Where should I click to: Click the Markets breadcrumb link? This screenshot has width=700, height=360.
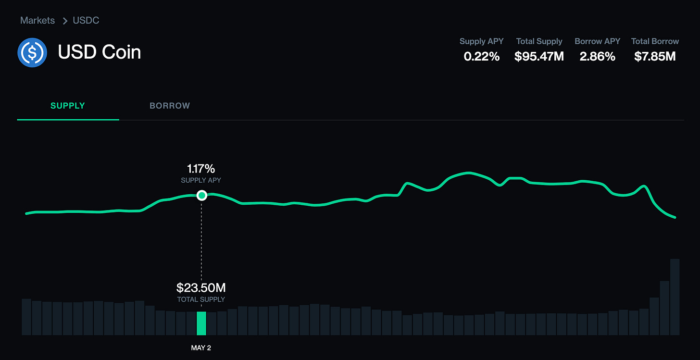coord(37,21)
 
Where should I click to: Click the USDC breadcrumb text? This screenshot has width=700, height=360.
coord(86,21)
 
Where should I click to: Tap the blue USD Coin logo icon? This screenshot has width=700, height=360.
coord(32,52)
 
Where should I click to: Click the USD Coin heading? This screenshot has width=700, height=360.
coord(100,52)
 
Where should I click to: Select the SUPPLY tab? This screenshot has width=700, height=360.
coord(68,106)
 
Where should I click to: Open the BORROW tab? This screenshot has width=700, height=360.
coord(170,106)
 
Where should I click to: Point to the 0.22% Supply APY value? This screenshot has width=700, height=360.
coord(482,57)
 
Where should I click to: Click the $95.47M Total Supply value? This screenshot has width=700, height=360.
coord(539,57)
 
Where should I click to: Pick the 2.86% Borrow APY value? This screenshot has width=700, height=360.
coord(597,57)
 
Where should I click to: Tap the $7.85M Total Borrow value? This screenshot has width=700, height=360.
coord(655,57)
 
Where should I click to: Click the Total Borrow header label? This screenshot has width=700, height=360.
coord(655,41)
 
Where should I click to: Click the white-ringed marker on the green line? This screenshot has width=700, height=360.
coord(202,195)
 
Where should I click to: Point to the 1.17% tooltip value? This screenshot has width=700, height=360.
coord(201,169)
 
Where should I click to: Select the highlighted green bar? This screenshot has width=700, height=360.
coord(201,323)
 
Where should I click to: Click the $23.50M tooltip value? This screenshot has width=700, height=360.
coord(201,288)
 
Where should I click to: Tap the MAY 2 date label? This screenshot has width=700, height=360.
coord(201,348)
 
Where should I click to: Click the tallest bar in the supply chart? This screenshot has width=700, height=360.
coord(675,297)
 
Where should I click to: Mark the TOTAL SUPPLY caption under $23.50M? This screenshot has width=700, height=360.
coord(201,299)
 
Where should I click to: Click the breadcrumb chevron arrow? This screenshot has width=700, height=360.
coord(65,21)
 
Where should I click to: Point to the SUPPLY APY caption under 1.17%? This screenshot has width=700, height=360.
coord(201,180)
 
